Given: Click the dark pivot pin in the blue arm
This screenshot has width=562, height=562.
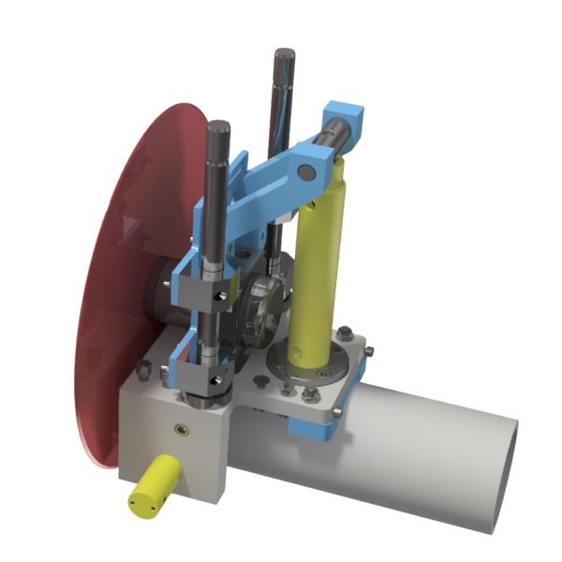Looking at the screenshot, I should pyautogui.click(x=305, y=171).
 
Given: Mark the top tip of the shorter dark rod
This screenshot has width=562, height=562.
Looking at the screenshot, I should pyautogui.click(x=219, y=126).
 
